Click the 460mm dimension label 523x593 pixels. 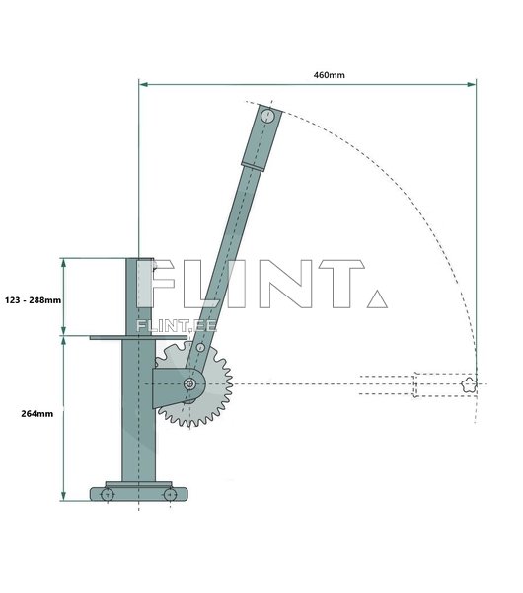tap(329, 75)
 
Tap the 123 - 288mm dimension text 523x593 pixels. tap(33, 300)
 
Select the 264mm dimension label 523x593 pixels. tap(37, 414)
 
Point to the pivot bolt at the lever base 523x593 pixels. tap(189, 384)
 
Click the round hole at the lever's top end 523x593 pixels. tap(267, 115)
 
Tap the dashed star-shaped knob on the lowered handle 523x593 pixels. tap(469, 384)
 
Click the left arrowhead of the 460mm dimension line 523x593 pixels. tap(143, 84)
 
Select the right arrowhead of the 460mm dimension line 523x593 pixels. tap(472, 84)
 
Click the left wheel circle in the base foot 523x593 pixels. tap(108, 495)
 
